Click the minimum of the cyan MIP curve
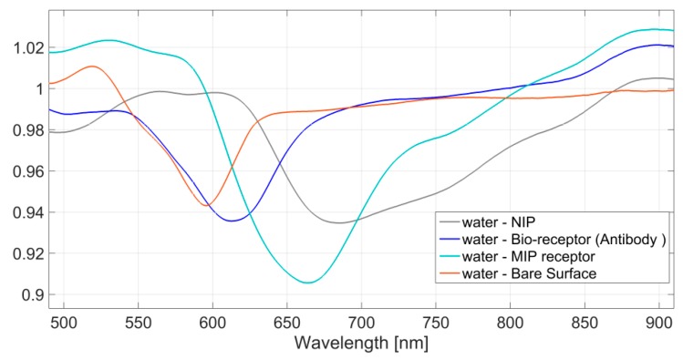point(308,283)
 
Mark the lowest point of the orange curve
point(206,205)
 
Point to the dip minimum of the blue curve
point(232,221)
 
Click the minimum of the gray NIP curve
point(340,222)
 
